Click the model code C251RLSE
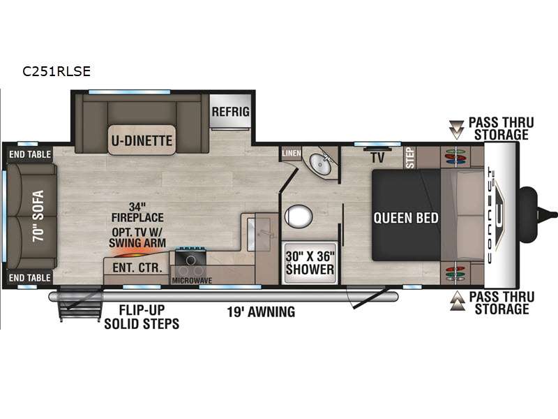[x=56, y=71]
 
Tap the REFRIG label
[x=231, y=112]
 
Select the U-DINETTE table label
[x=142, y=140]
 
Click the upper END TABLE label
[x=30, y=154]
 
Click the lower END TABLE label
[x=30, y=277]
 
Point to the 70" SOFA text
[x=38, y=216]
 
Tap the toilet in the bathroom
[x=299, y=216]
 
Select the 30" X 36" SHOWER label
[x=310, y=263]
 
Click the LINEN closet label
[x=292, y=153]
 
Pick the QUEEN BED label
[x=406, y=218]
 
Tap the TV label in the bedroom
[x=377, y=158]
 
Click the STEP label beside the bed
[x=410, y=158]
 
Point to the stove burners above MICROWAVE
[x=190, y=260]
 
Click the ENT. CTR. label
[x=137, y=267]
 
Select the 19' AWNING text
[x=261, y=311]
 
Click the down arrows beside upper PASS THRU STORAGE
[x=456, y=129]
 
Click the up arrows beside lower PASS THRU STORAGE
[x=458, y=301]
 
